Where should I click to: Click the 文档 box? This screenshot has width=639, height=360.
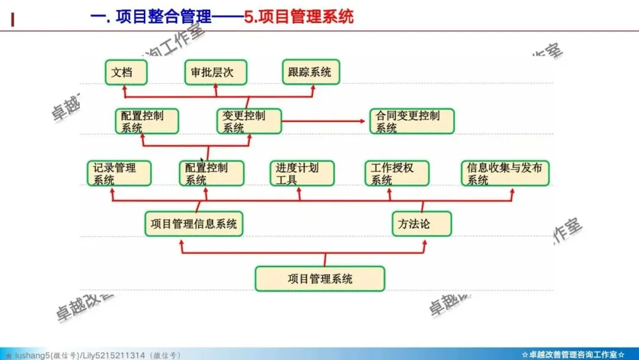[126, 72]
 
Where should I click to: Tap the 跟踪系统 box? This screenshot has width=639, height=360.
[310, 72]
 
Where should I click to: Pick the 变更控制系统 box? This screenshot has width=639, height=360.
[248, 121]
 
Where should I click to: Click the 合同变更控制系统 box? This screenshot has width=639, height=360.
[412, 121]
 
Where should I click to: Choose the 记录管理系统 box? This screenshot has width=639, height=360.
[119, 173]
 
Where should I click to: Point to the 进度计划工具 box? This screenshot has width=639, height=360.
[302, 173]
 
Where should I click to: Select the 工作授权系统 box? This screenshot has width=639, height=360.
[396, 173]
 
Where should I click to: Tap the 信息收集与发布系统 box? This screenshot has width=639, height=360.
[505, 173]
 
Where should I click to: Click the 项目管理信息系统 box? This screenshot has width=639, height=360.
[194, 224]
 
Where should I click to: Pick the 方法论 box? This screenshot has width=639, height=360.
[421, 224]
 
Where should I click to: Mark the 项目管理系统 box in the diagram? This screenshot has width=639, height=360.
[319, 278]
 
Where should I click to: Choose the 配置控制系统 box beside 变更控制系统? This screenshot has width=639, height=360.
[147, 121]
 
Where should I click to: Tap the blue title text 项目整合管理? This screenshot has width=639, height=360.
[159, 16]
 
